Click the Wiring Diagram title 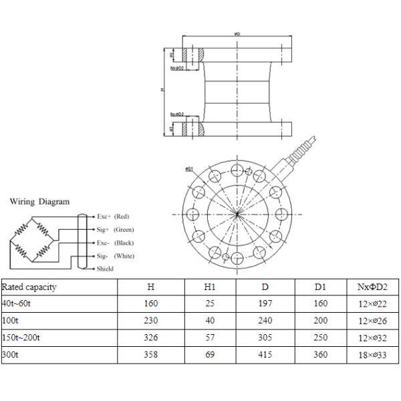coord(39,200)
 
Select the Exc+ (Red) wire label coord(114,217)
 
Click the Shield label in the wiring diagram coord(105,269)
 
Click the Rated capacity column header coord(29,287)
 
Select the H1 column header coord(209,287)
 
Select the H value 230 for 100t coord(151,320)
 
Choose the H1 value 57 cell coord(209,337)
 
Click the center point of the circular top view coord(238,214)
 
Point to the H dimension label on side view coord(162,89)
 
